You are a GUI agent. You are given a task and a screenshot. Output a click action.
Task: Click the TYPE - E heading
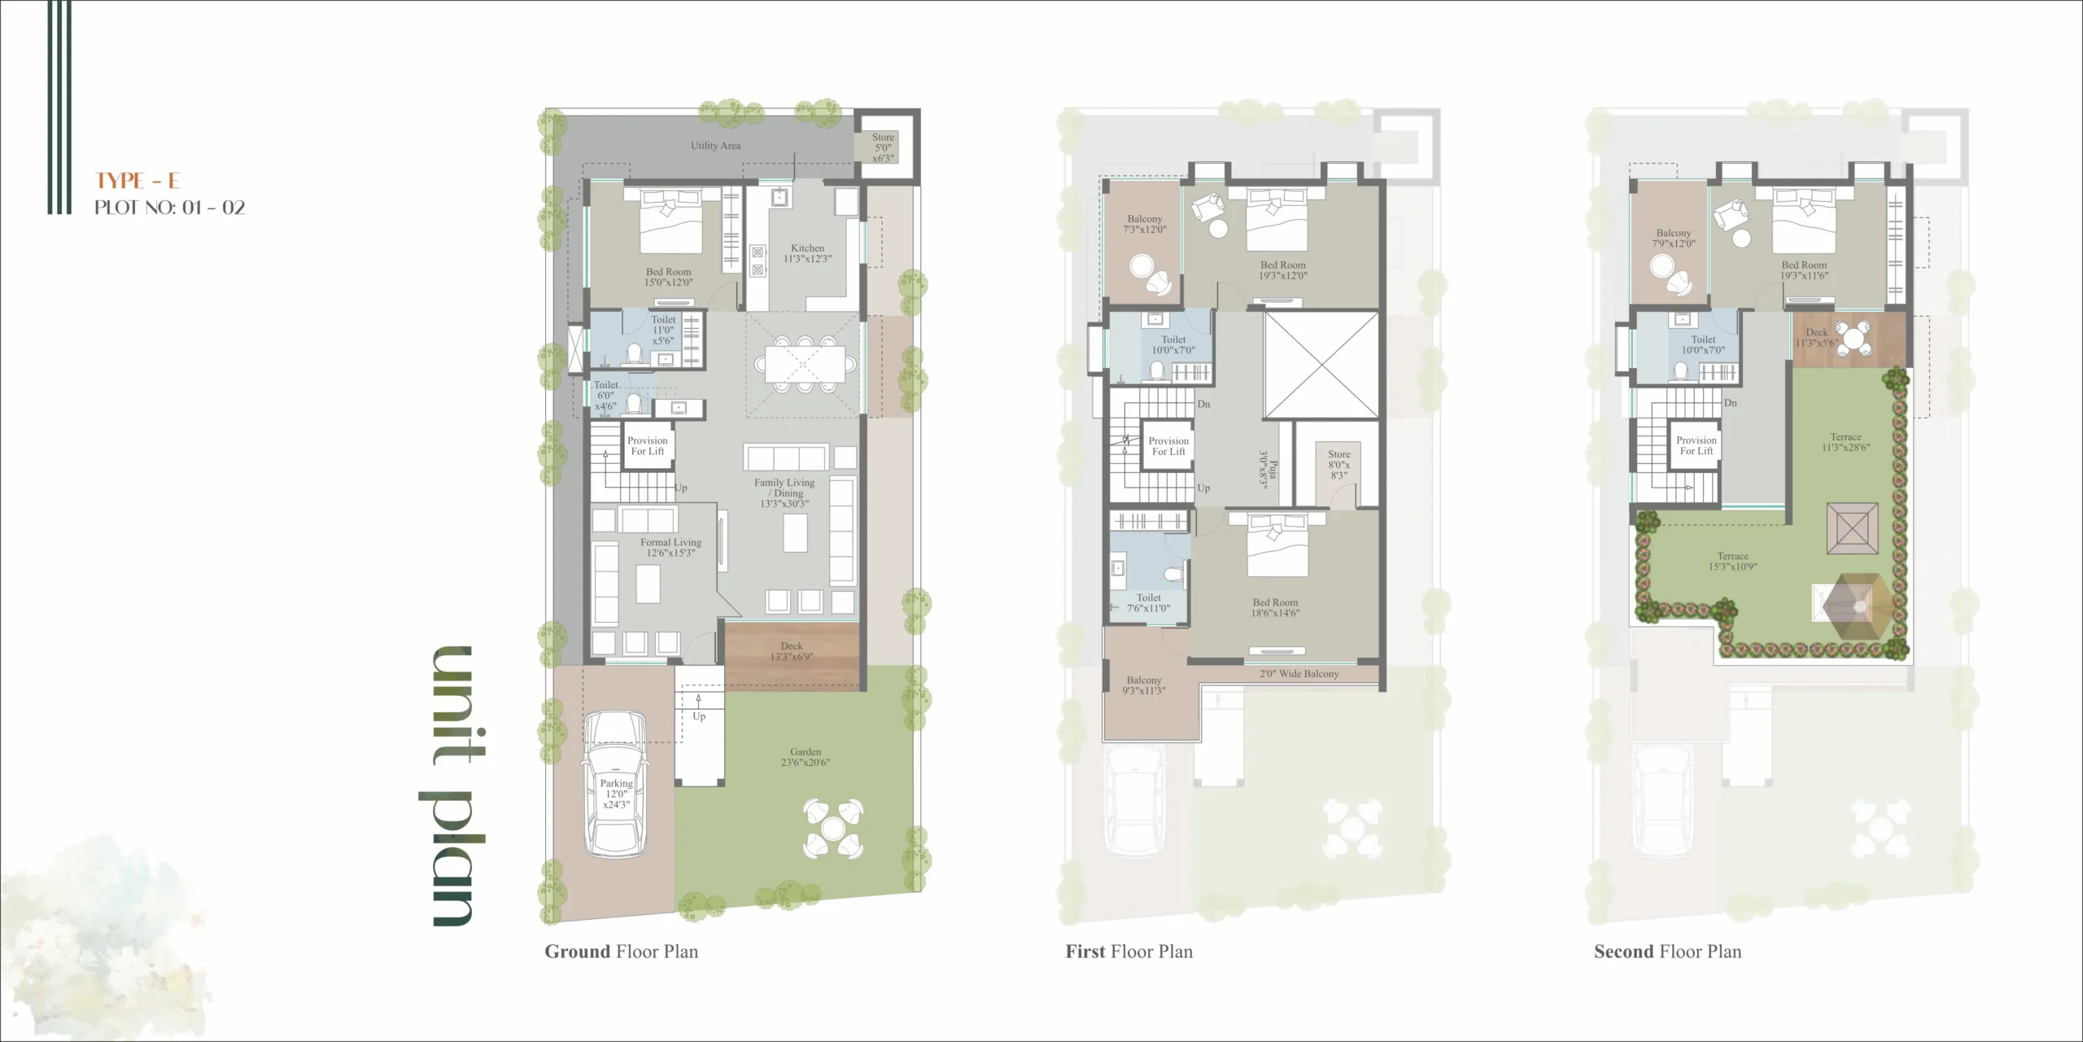pos(138,181)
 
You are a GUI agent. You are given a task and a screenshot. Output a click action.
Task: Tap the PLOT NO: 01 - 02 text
pos(169,208)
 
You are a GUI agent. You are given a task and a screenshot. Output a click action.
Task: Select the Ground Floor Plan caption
pos(622,952)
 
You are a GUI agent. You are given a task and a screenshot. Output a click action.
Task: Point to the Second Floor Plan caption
pos(1668,952)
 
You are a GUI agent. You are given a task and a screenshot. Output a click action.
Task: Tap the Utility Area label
pos(716,146)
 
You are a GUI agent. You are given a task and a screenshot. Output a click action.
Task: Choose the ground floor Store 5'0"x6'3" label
pos(883,148)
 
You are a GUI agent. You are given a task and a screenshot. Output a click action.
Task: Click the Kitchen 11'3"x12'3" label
pos(808,253)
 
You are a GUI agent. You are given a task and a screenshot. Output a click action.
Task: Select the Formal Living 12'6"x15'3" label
pos(670,548)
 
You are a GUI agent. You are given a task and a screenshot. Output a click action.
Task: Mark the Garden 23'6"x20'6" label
pos(806,757)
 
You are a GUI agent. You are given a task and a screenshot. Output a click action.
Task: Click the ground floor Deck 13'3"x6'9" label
pos(792,651)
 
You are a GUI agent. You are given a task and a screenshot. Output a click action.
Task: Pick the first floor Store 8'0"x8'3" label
pos(1338,465)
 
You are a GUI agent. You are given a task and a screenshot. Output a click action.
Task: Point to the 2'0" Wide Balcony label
pos(1299,674)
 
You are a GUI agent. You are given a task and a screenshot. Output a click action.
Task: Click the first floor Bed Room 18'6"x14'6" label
pos(1276,608)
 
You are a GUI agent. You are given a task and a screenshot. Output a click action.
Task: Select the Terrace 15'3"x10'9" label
pos(1732,562)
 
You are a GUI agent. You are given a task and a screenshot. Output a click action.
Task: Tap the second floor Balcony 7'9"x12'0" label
pos(1674,238)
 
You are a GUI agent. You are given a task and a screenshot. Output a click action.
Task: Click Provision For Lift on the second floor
pos(1697,445)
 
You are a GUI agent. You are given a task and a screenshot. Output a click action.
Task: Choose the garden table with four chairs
pos(833,829)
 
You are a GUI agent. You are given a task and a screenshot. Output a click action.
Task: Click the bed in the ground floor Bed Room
pos(670,221)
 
